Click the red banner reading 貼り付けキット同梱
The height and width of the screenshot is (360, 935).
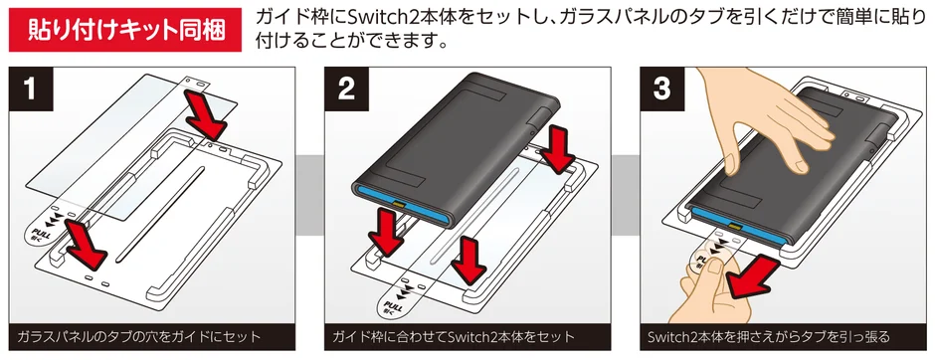click(123, 29)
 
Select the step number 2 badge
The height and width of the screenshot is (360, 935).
click(347, 92)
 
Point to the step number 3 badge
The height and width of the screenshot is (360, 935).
click(661, 92)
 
